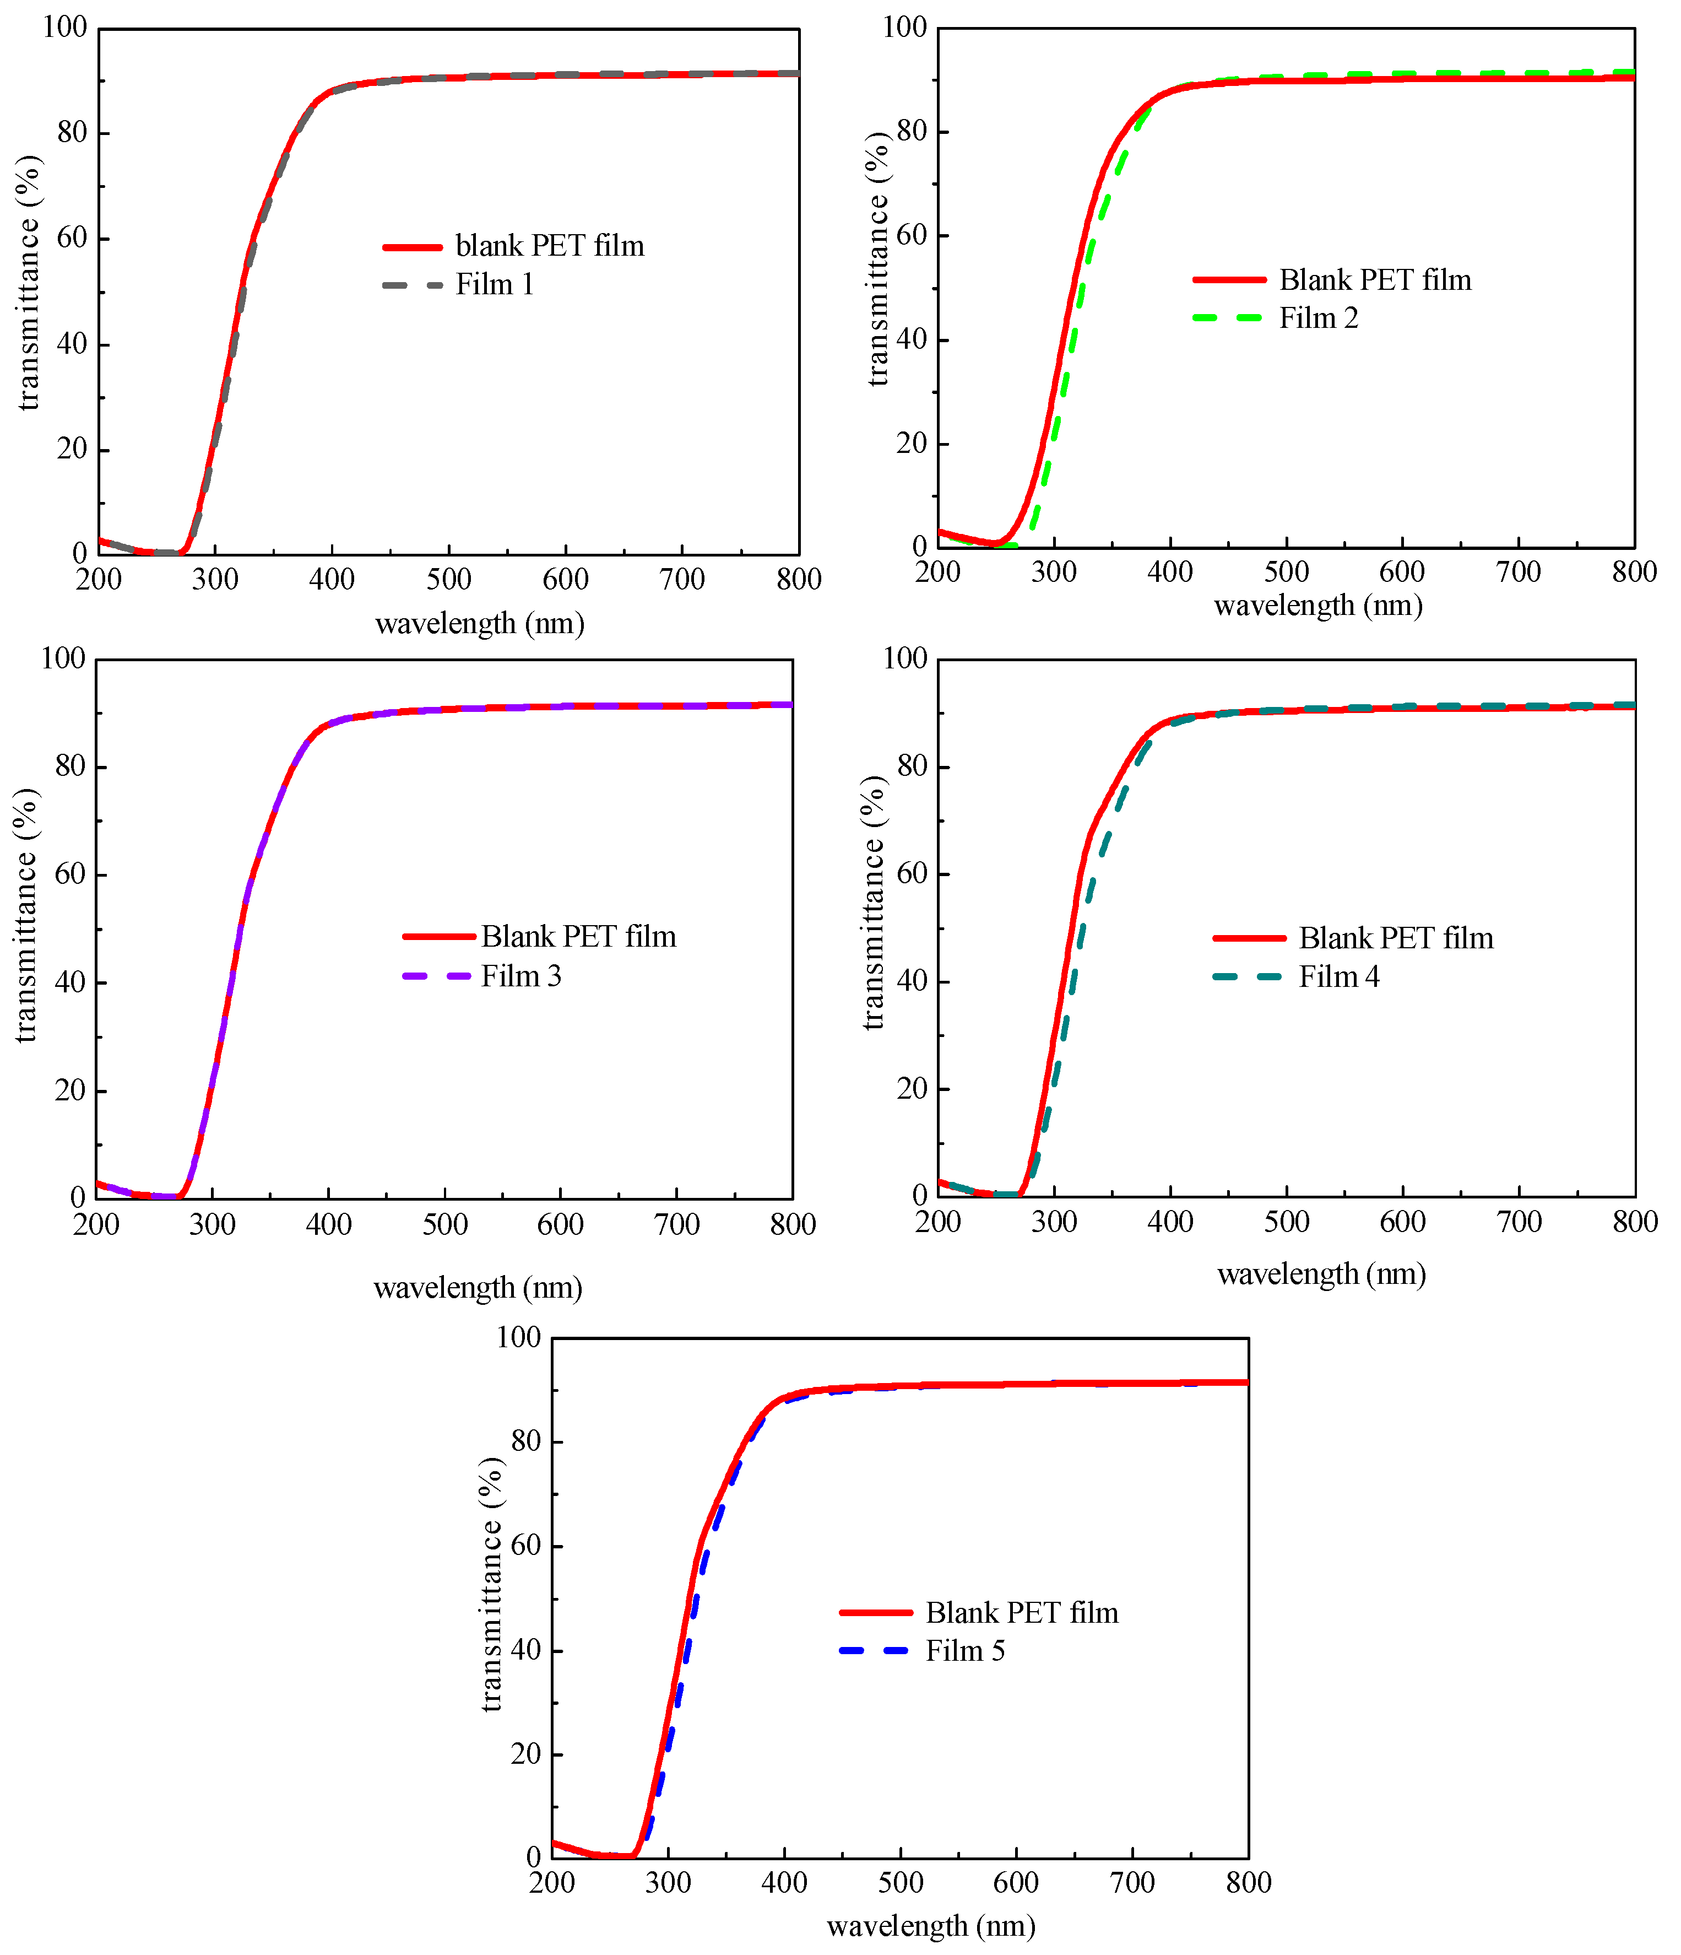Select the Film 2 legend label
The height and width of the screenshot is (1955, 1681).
pyautogui.click(x=1318, y=318)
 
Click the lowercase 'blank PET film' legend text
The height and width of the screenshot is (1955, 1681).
pyautogui.click(x=549, y=246)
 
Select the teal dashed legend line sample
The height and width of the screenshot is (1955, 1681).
pyautogui.click(x=1248, y=976)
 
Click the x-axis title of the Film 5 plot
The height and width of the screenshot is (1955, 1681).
pyautogui.click(x=930, y=1925)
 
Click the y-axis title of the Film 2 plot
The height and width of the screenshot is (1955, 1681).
pyautogui.click(x=879, y=260)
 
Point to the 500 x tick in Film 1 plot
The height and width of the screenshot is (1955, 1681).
pyautogui.click(x=448, y=579)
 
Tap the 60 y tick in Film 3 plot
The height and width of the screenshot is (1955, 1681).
pyautogui.click(x=71, y=874)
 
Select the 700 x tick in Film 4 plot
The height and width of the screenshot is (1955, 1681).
pyautogui.click(x=1519, y=1222)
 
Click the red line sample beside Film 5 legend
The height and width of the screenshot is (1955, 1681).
pyautogui.click(x=875, y=1612)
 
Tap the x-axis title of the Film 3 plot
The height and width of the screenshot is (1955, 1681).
pyautogui.click(x=478, y=1287)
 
